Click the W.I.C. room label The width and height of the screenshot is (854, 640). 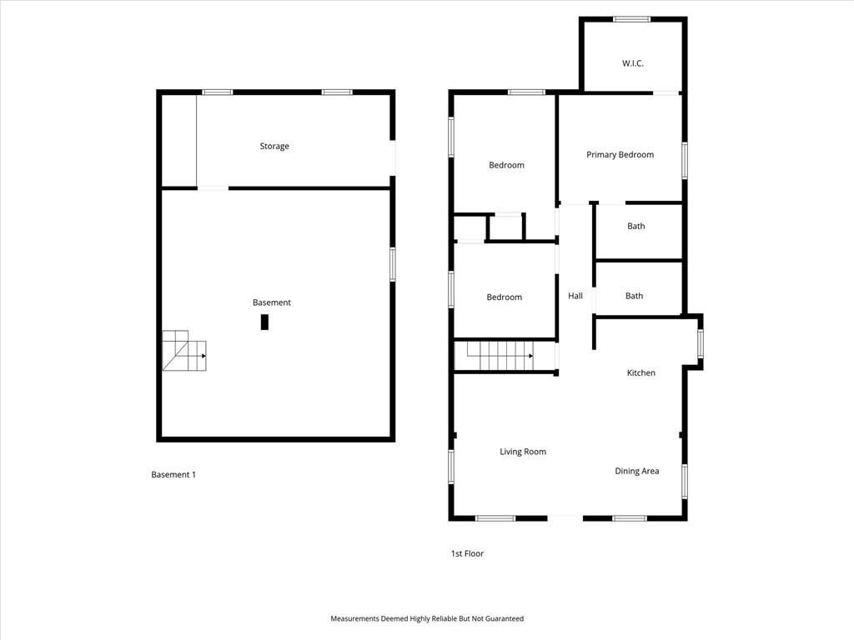pyautogui.click(x=632, y=63)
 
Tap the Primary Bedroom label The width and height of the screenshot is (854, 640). pyautogui.click(x=620, y=154)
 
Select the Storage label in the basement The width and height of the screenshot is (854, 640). pyautogui.click(x=274, y=146)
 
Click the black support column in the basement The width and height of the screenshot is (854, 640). pyautogui.click(x=264, y=322)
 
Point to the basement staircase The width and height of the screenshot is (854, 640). pyautogui.click(x=184, y=351)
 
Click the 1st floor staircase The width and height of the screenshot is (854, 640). pyautogui.click(x=500, y=356)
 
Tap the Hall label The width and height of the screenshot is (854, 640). pyautogui.click(x=575, y=296)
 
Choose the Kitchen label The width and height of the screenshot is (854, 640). pyautogui.click(x=641, y=372)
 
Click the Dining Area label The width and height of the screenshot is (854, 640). pyautogui.click(x=636, y=471)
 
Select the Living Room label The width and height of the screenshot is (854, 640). pyautogui.click(x=523, y=451)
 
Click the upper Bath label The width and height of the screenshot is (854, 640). pyautogui.click(x=635, y=226)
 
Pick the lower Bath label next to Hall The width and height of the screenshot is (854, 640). pyautogui.click(x=634, y=296)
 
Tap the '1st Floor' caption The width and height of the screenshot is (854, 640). pyautogui.click(x=467, y=553)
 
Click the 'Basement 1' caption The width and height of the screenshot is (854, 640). pyautogui.click(x=173, y=474)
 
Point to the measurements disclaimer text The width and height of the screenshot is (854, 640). pyautogui.click(x=427, y=618)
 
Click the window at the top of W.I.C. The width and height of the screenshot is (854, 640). pyautogui.click(x=632, y=19)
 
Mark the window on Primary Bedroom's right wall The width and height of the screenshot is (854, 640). pyautogui.click(x=685, y=161)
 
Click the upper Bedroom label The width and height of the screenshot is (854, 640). pyautogui.click(x=506, y=165)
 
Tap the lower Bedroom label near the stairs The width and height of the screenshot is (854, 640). pyautogui.click(x=505, y=297)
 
